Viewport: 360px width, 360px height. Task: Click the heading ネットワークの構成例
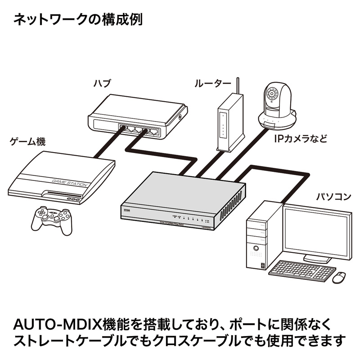[78, 20]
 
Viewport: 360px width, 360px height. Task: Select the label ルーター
[213, 84]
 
